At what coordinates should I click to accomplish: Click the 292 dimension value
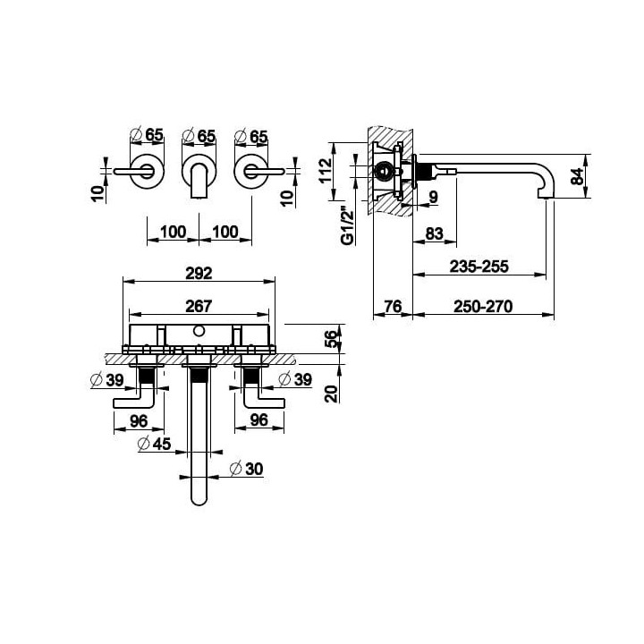(199, 273)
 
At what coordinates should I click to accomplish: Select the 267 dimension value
(199, 306)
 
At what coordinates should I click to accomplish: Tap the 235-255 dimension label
(479, 267)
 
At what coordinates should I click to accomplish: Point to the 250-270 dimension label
(483, 307)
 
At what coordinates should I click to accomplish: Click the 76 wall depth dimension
(393, 307)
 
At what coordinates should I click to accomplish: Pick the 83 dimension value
(434, 233)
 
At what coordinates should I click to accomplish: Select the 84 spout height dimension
(579, 176)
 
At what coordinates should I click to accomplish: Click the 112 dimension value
(325, 171)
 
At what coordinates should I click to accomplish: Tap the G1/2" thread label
(348, 227)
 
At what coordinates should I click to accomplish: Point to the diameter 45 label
(155, 444)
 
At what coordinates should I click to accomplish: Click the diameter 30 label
(247, 469)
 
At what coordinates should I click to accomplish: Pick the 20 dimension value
(331, 394)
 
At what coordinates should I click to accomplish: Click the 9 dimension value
(433, 197)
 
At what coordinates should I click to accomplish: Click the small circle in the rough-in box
(199, 331)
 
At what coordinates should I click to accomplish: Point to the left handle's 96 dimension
(139, 420)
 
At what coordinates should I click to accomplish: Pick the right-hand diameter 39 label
(295, 378)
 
